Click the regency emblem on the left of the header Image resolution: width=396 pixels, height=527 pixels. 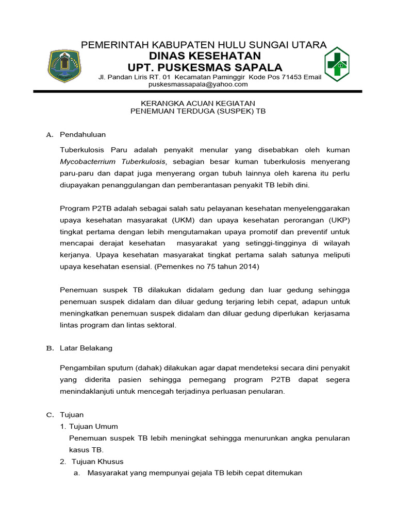tap(64, 65)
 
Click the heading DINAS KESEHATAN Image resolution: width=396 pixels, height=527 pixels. tap(205, 56)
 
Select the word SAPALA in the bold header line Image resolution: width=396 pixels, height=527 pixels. tap(257, 67)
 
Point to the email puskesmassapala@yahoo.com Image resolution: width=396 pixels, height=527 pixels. tap(198, 84)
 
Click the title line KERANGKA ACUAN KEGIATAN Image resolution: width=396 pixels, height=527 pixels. tap(198, 103)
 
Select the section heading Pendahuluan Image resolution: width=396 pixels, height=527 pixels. tap(82, 134)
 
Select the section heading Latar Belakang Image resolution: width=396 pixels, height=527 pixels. tap(86, 348)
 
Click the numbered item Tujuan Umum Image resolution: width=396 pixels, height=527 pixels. tap(93, 426)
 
